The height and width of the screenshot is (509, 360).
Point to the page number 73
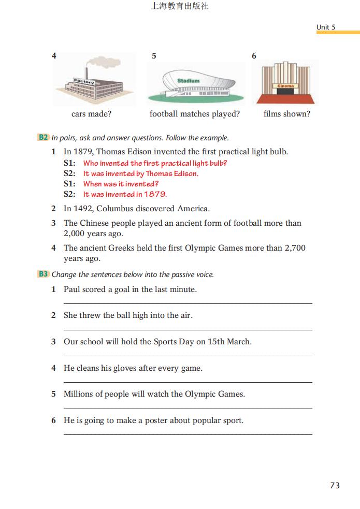tap(335, 485)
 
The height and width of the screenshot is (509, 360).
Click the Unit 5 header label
tap(326, 27)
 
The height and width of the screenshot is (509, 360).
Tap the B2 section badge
tap(43, 138)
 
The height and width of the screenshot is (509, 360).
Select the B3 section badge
tap(43, 274)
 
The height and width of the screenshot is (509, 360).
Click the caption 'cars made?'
tap(91, 114)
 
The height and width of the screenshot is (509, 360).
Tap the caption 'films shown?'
tap(286, 114)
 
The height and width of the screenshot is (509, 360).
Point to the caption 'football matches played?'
tap(195, 114)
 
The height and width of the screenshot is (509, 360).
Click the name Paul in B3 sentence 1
tap(72, 289)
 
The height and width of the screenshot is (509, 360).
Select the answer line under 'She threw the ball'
tap(188, 329)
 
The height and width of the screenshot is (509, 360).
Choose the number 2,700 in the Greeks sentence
tap(295, 248)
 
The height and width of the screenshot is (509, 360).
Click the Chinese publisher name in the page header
tap(179, 7)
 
